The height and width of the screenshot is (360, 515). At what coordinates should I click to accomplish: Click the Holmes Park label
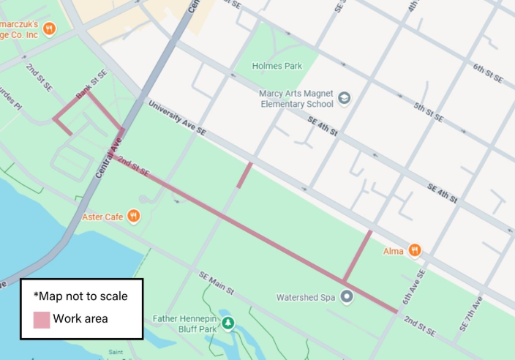[277, 66]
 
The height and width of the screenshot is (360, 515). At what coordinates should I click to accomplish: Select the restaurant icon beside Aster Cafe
[133, 216]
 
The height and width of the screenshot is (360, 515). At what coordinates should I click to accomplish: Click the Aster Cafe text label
[102, 217]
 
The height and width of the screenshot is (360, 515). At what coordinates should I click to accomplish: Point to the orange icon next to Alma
[415, 251]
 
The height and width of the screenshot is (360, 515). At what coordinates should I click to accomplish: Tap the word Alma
[394, 251]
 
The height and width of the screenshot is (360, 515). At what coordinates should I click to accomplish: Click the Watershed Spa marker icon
[347, 297]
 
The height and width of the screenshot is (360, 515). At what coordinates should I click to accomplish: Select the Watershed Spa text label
[305, 298]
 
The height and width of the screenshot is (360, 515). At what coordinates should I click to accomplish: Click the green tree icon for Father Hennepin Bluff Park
[228, 323]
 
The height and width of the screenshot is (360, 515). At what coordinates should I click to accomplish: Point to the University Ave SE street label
[178, 116]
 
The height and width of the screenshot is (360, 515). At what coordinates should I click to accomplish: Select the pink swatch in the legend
[42, 319]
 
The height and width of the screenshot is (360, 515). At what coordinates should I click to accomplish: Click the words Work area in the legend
[80, 319]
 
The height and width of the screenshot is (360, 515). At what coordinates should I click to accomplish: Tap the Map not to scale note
[80, 296]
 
